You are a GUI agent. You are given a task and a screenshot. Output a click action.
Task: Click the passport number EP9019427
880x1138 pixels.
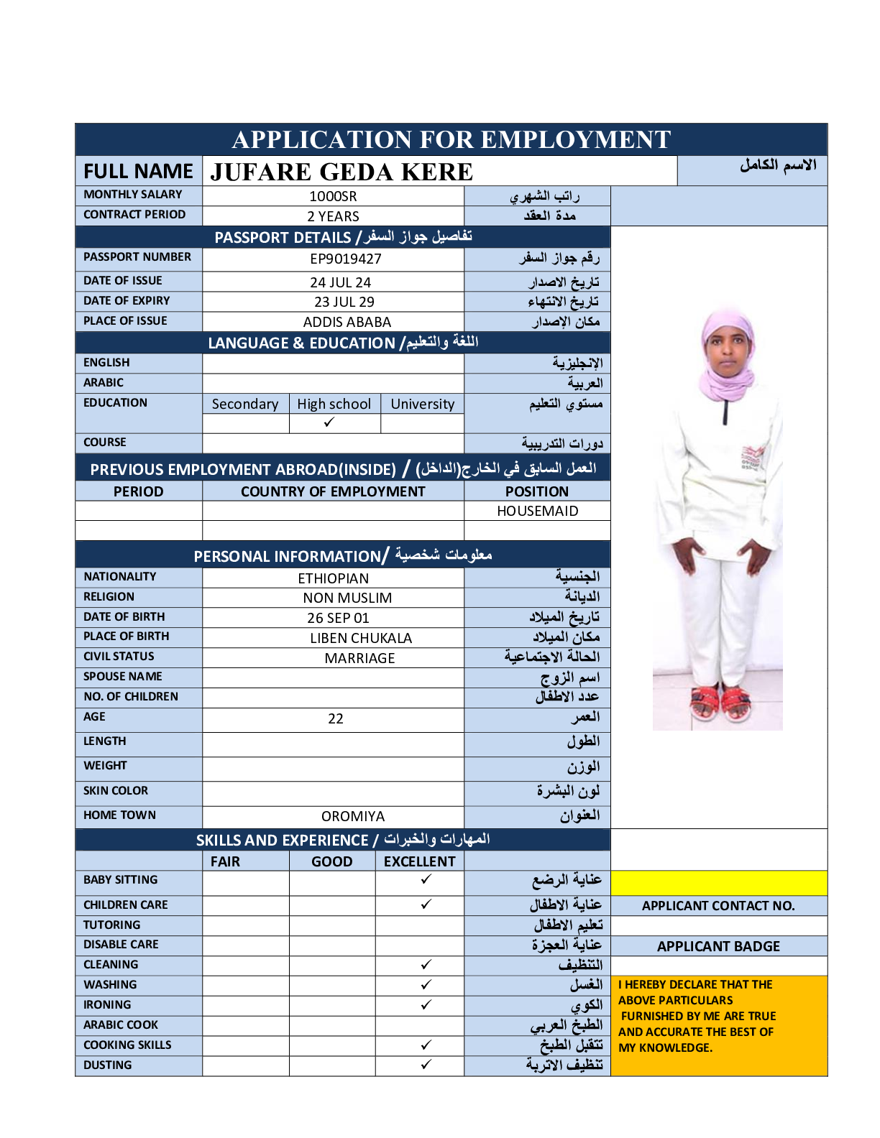(346, 259)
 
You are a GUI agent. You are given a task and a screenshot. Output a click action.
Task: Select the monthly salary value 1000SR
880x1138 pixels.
(333, 196)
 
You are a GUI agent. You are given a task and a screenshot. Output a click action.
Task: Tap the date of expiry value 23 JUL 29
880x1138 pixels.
(344, 302)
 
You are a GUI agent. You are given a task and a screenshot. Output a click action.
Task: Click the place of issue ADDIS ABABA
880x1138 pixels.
(347, 322)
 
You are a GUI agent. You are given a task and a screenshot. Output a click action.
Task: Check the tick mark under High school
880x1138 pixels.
(329, 422)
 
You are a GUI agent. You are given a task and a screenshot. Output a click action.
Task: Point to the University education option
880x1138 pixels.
(422, 404)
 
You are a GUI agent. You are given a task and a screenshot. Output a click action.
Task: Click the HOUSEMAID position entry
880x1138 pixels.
(537, 511)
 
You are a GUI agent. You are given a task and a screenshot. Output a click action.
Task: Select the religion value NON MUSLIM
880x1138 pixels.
(347, 598)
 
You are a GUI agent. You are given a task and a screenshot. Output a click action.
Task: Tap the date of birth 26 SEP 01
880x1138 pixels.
(338, 618)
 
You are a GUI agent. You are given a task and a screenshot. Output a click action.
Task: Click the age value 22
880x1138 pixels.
(335, 718)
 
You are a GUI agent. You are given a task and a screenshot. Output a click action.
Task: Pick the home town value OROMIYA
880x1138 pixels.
(352, 816)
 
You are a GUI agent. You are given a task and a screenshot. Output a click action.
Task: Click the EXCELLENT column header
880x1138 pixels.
(419, 861)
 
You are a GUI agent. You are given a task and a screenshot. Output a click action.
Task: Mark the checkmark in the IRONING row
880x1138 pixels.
(426, 1004)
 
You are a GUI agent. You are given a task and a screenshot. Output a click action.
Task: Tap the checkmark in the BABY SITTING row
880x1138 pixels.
(426, 879)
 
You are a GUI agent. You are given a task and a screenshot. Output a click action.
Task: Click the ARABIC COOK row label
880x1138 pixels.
(121, 1024)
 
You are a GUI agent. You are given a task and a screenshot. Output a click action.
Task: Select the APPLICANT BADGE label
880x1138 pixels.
(718, 946)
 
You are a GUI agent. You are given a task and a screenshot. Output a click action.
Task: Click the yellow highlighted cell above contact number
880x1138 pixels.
(718, 883)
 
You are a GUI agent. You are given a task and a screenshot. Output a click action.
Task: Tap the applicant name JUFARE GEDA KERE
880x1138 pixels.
(342, 172)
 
